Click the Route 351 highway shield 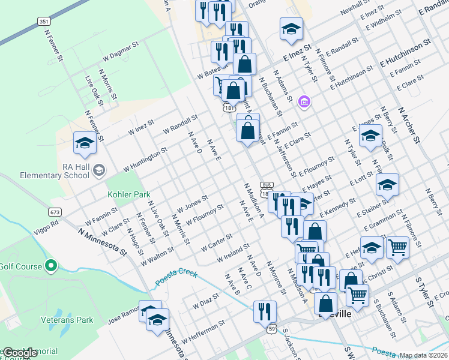pyautogui.click(x=43, y=21)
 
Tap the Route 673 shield pyautogui.click(x=55, y=212)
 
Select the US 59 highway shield pyautogui.click(x=272, y=329)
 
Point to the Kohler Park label pyautogui.click(x=128, y=194)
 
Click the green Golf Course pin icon pyautogui.click(x=51, y=265)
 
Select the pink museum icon pyautogui.click(x=304, y=102)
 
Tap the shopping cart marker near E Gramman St pyautogui.click(x=397, y=245)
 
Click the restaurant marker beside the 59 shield pyautogui.click(x=264, y=310)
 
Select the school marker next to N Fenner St pyautogui.click(x=84, y=143)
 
